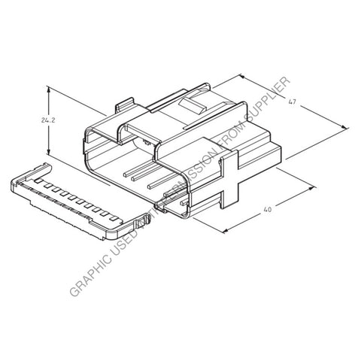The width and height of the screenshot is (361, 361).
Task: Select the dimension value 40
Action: pyautogui.click(x=266, y=211)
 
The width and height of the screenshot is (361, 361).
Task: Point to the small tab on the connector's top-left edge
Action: pyautogui.click(x=127, y=103)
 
